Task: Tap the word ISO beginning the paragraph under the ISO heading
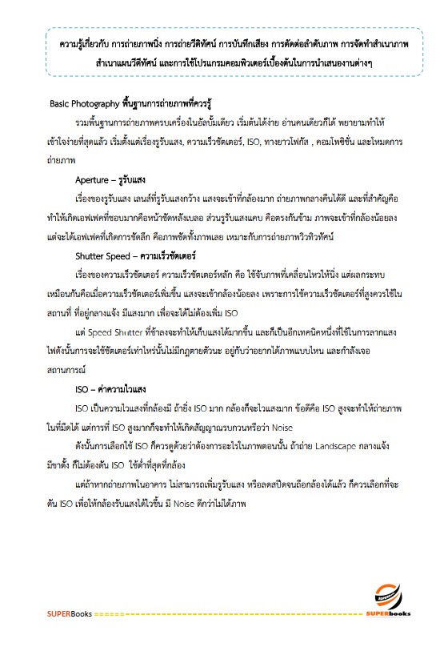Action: pos(81,408)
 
